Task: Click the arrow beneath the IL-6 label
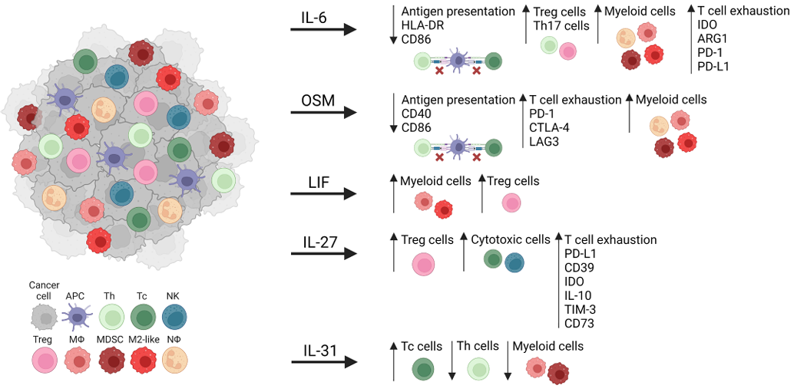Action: click(x=323, y=30)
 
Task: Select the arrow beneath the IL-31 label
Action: click(x=323, y=361)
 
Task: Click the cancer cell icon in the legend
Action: click(x=43, y=315)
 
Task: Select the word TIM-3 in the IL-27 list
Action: click(x=582, y=309)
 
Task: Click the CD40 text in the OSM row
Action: click(x=416, y=113)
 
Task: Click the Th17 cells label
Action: click(x=561, y=25)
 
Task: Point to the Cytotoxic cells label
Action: click(x=511, y=239)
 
